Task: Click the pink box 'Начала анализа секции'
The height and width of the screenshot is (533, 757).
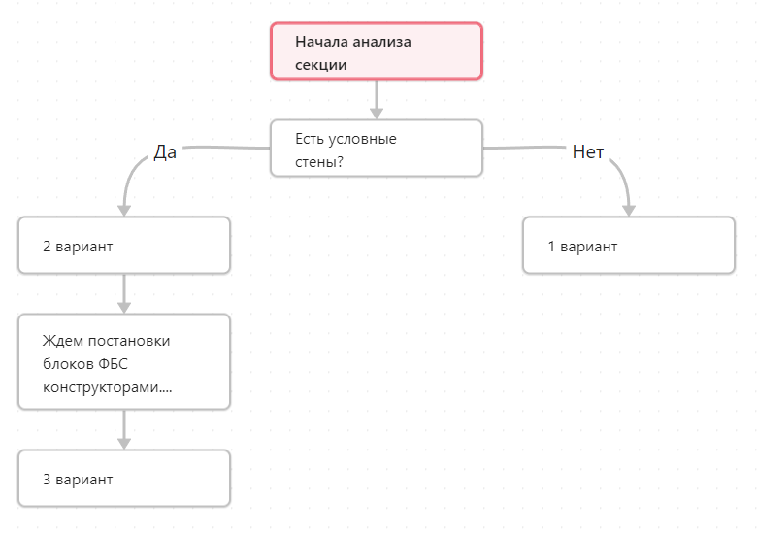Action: click(x=377, y=50)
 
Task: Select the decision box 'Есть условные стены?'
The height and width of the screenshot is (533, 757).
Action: click(x=377, y=149)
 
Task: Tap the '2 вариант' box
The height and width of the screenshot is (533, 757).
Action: click(x=124, y=246)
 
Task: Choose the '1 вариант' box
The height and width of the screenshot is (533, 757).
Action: click(x=629, y=246)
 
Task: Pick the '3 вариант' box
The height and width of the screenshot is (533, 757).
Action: click(x=124, y=479)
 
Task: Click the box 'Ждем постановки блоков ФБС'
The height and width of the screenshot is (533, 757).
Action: click(x=124, y=362)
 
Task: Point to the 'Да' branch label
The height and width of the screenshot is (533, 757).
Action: click(x=165, y=152)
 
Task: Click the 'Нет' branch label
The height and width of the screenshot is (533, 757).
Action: click(x=587, y=152)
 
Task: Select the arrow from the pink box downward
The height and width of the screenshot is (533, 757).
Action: click(x=377, y=99)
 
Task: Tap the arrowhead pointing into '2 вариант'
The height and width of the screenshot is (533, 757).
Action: click(x=124, y=211)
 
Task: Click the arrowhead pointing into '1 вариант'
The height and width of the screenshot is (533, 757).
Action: click(x=629, y=211)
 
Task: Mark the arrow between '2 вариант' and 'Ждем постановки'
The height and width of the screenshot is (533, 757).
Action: click(x=124, y=294)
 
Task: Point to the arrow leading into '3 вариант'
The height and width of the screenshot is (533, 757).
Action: click(x=124, y=430)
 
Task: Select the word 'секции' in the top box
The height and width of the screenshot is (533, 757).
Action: click(x=320, y=65)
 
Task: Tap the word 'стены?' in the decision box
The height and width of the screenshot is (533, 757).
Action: click(x=319, y=162)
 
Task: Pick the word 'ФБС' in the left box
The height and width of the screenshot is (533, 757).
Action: click(x=113, y=363)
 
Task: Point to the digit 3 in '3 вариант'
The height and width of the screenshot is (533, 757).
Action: click(x=47, y=480)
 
